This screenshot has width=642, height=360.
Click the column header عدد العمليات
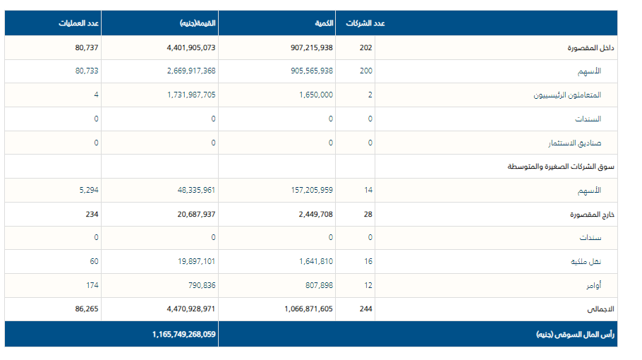79,23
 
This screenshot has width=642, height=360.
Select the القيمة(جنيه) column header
198,23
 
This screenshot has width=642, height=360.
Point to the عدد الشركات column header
365,23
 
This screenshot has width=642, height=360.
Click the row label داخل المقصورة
591,48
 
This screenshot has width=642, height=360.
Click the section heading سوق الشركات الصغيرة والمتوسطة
562,167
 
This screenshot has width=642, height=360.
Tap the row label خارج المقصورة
592,214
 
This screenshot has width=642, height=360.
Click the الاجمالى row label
600,309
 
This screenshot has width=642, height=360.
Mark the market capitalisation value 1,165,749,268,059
183,334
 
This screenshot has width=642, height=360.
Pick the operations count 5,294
87,190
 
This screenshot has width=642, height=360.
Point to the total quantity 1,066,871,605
309,309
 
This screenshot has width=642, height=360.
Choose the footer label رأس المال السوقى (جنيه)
575,334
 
